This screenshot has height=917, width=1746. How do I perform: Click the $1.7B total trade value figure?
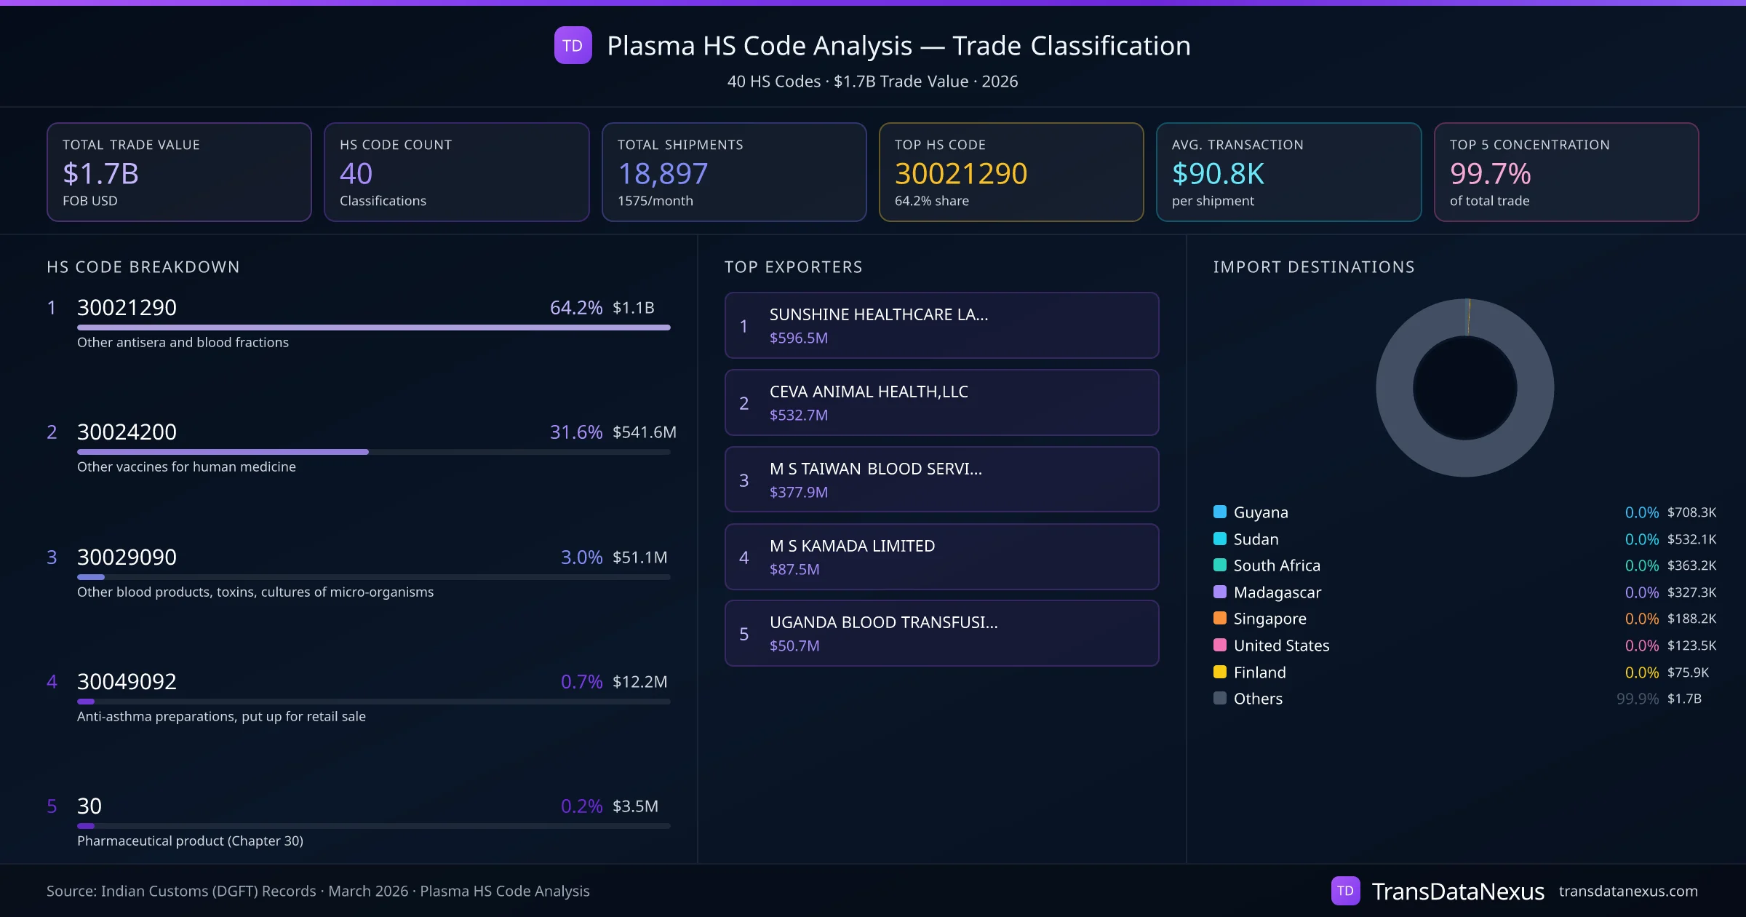click(100, 174)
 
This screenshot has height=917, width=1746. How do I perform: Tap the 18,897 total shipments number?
click(662, 174)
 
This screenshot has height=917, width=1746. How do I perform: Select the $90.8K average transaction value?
click(1218, 174)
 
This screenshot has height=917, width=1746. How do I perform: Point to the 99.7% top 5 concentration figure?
click(1490, 174)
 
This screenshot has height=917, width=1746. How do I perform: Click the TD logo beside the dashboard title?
click(573, 46)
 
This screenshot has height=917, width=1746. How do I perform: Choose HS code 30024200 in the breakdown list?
click(127, 432)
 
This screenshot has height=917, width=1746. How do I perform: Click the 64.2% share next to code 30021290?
click(575, 308)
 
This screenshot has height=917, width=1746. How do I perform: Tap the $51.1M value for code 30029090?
click(639, 557)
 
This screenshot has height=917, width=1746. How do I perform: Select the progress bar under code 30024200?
click(373, 452)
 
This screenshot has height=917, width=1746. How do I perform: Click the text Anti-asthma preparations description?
click(221, 717)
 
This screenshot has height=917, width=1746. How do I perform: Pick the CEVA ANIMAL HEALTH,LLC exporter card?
click(941, 402)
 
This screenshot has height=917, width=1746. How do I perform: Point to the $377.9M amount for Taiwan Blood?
click(798, 493)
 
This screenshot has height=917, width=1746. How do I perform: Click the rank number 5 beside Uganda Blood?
click(744, 634)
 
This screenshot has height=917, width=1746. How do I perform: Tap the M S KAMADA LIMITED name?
click(852, 546)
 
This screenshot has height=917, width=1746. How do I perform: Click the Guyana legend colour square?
click(1220, 512)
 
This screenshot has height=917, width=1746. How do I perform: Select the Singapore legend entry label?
click(1269, 619)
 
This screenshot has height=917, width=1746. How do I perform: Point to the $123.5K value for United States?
click(1691, 646)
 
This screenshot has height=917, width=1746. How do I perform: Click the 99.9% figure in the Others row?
click(1637, 699)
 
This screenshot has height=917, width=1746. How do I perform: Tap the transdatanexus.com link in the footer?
click(1628, 892)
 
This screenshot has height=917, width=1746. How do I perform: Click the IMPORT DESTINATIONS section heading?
click(1314, 267)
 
